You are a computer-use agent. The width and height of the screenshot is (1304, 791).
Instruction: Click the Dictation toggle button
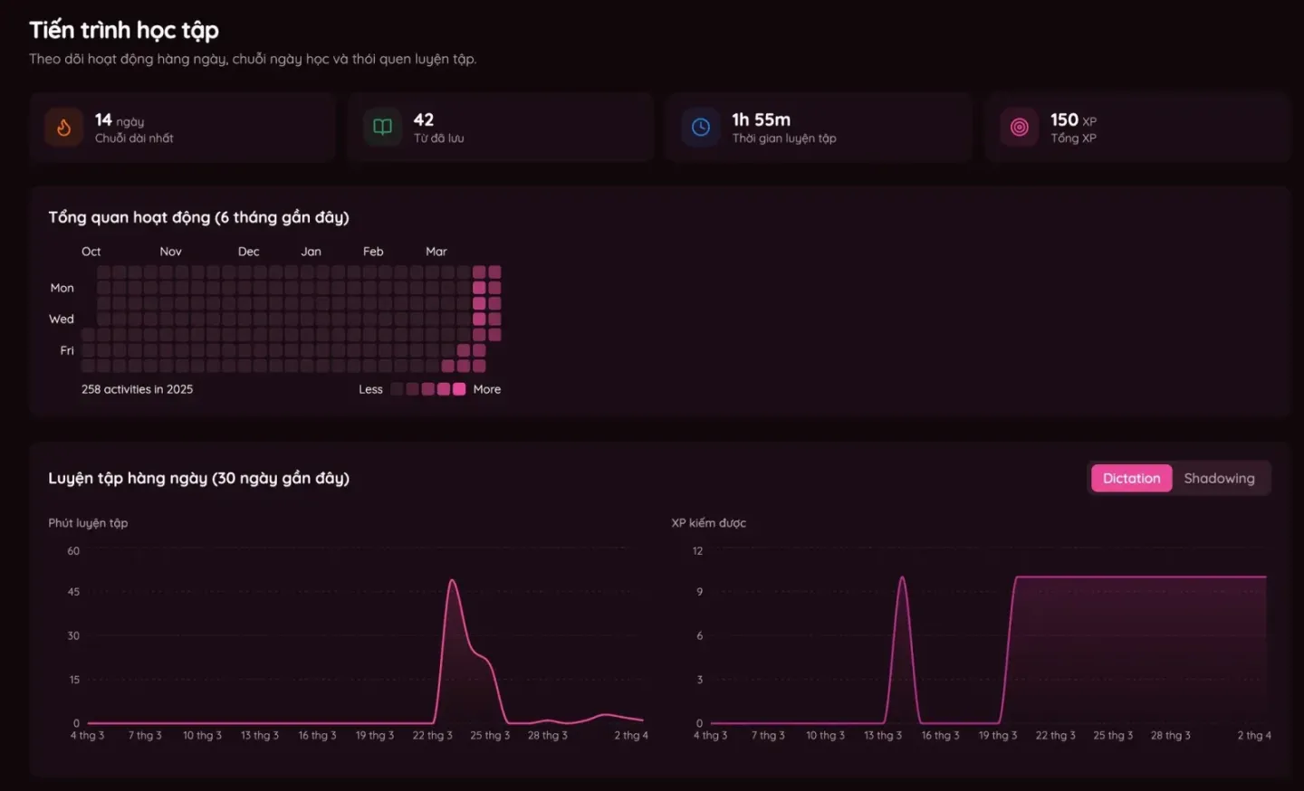click(x=1131, y=478)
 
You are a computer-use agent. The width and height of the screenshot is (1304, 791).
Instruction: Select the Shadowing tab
click(x=1219, y=478)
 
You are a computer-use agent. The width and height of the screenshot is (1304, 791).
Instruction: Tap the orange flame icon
click(x=64, y=127)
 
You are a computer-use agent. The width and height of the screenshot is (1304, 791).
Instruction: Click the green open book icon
click(x=382, y=127)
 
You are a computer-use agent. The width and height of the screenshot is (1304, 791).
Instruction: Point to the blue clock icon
click(x=701, y=127)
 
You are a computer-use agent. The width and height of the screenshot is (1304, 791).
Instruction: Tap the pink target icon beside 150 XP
click(x=1020, y=127)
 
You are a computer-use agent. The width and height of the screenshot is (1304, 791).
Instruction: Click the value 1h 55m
click(x=761, y=119)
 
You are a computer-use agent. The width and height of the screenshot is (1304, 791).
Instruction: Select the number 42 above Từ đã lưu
click(x=423, y=119)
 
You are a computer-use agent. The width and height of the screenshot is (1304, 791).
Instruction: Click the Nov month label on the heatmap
click(x=170, y=252)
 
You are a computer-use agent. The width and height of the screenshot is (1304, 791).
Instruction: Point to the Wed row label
click(x=62, y=319)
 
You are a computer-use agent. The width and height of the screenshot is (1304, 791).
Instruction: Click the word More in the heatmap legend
click(x=486, y=389)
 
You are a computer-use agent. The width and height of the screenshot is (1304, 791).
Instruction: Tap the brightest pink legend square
click(x=459, y=389)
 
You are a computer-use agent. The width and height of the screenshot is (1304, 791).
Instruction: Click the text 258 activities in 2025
click(x=137, y=389)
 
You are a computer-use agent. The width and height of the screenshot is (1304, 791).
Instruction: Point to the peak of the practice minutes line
click(x=453, y=580)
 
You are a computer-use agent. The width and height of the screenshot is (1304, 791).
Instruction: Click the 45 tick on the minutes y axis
click(x=73, y=592)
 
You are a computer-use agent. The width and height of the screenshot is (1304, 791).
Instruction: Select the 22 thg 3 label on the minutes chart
click(x=432, y=735)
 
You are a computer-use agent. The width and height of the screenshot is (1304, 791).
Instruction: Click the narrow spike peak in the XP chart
click(x=902, y=577)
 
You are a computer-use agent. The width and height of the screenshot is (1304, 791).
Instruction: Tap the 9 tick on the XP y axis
click(x=699, y=592)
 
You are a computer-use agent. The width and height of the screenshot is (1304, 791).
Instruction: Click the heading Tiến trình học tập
click(x=124, y=30)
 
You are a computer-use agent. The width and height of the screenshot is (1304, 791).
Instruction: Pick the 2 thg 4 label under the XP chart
click(x=1254, y=735)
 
